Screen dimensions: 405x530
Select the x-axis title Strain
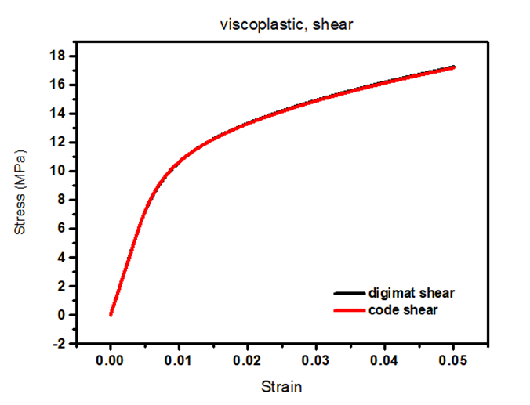tap(282, 387)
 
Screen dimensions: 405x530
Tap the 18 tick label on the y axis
tap(56, 56)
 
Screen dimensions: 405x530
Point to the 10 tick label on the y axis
tap(56, 171)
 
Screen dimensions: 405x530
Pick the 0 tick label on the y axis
tap(60, 315)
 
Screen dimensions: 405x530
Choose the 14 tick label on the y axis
tap(56, 114)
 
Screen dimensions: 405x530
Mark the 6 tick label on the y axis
tap(60, 229)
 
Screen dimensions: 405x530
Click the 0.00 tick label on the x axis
tap(111, 361)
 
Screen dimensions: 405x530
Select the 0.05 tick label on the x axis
tap(453, 361)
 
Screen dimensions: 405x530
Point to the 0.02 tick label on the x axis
tap(248, 361)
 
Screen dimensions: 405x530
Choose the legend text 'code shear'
tap(403, 310)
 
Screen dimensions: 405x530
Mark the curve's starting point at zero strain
tap(111, 315)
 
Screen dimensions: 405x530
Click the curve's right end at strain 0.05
tap(453, 67)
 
